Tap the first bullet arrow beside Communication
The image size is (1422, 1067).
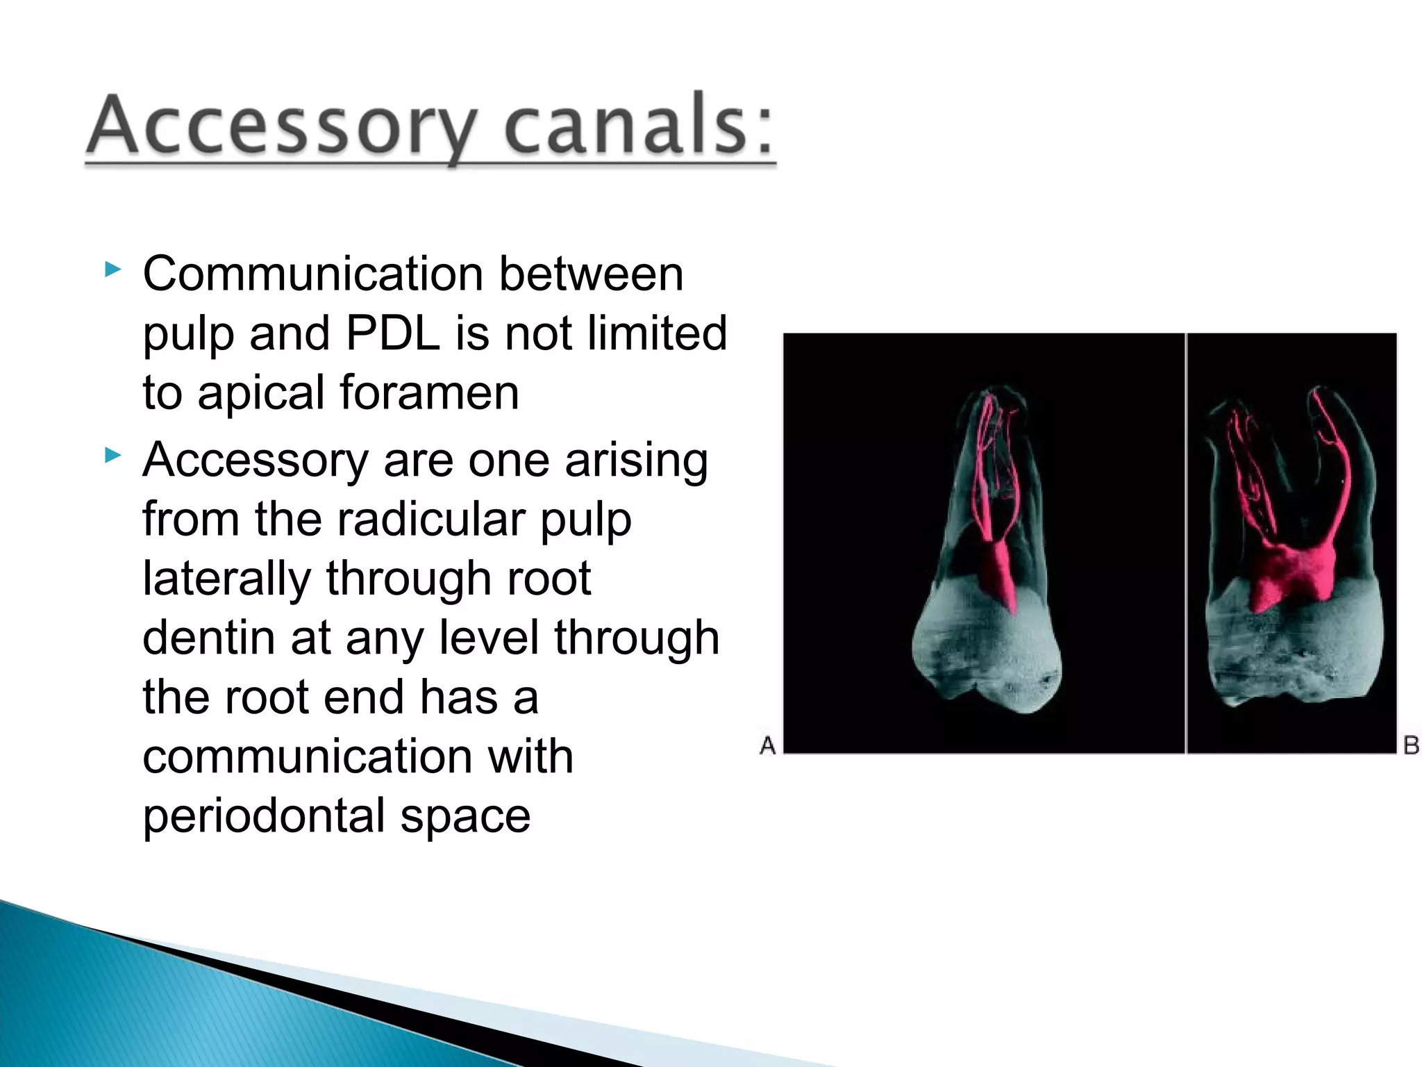pos(112,269)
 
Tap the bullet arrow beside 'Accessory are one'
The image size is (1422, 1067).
pos(112,456)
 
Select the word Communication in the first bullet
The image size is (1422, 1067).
pos(312,274)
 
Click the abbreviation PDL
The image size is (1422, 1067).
pos(392,333)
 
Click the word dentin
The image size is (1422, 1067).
pos(208,638)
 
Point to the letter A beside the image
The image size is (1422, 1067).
pos(767,745)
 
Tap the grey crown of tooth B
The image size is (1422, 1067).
pos(1291,653)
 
